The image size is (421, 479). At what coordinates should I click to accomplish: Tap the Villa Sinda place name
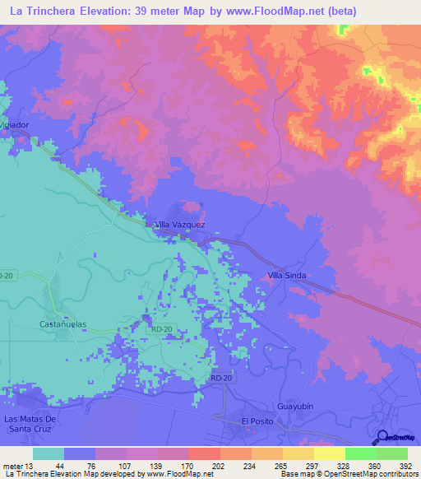tap(287, 277)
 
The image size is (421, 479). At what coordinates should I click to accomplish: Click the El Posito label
tap(256, 421)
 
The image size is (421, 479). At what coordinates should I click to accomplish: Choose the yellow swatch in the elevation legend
tap(329, 453)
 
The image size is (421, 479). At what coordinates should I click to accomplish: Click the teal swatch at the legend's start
tap(49, 453)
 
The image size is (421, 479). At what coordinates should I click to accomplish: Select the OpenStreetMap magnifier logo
tap(383, 438)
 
